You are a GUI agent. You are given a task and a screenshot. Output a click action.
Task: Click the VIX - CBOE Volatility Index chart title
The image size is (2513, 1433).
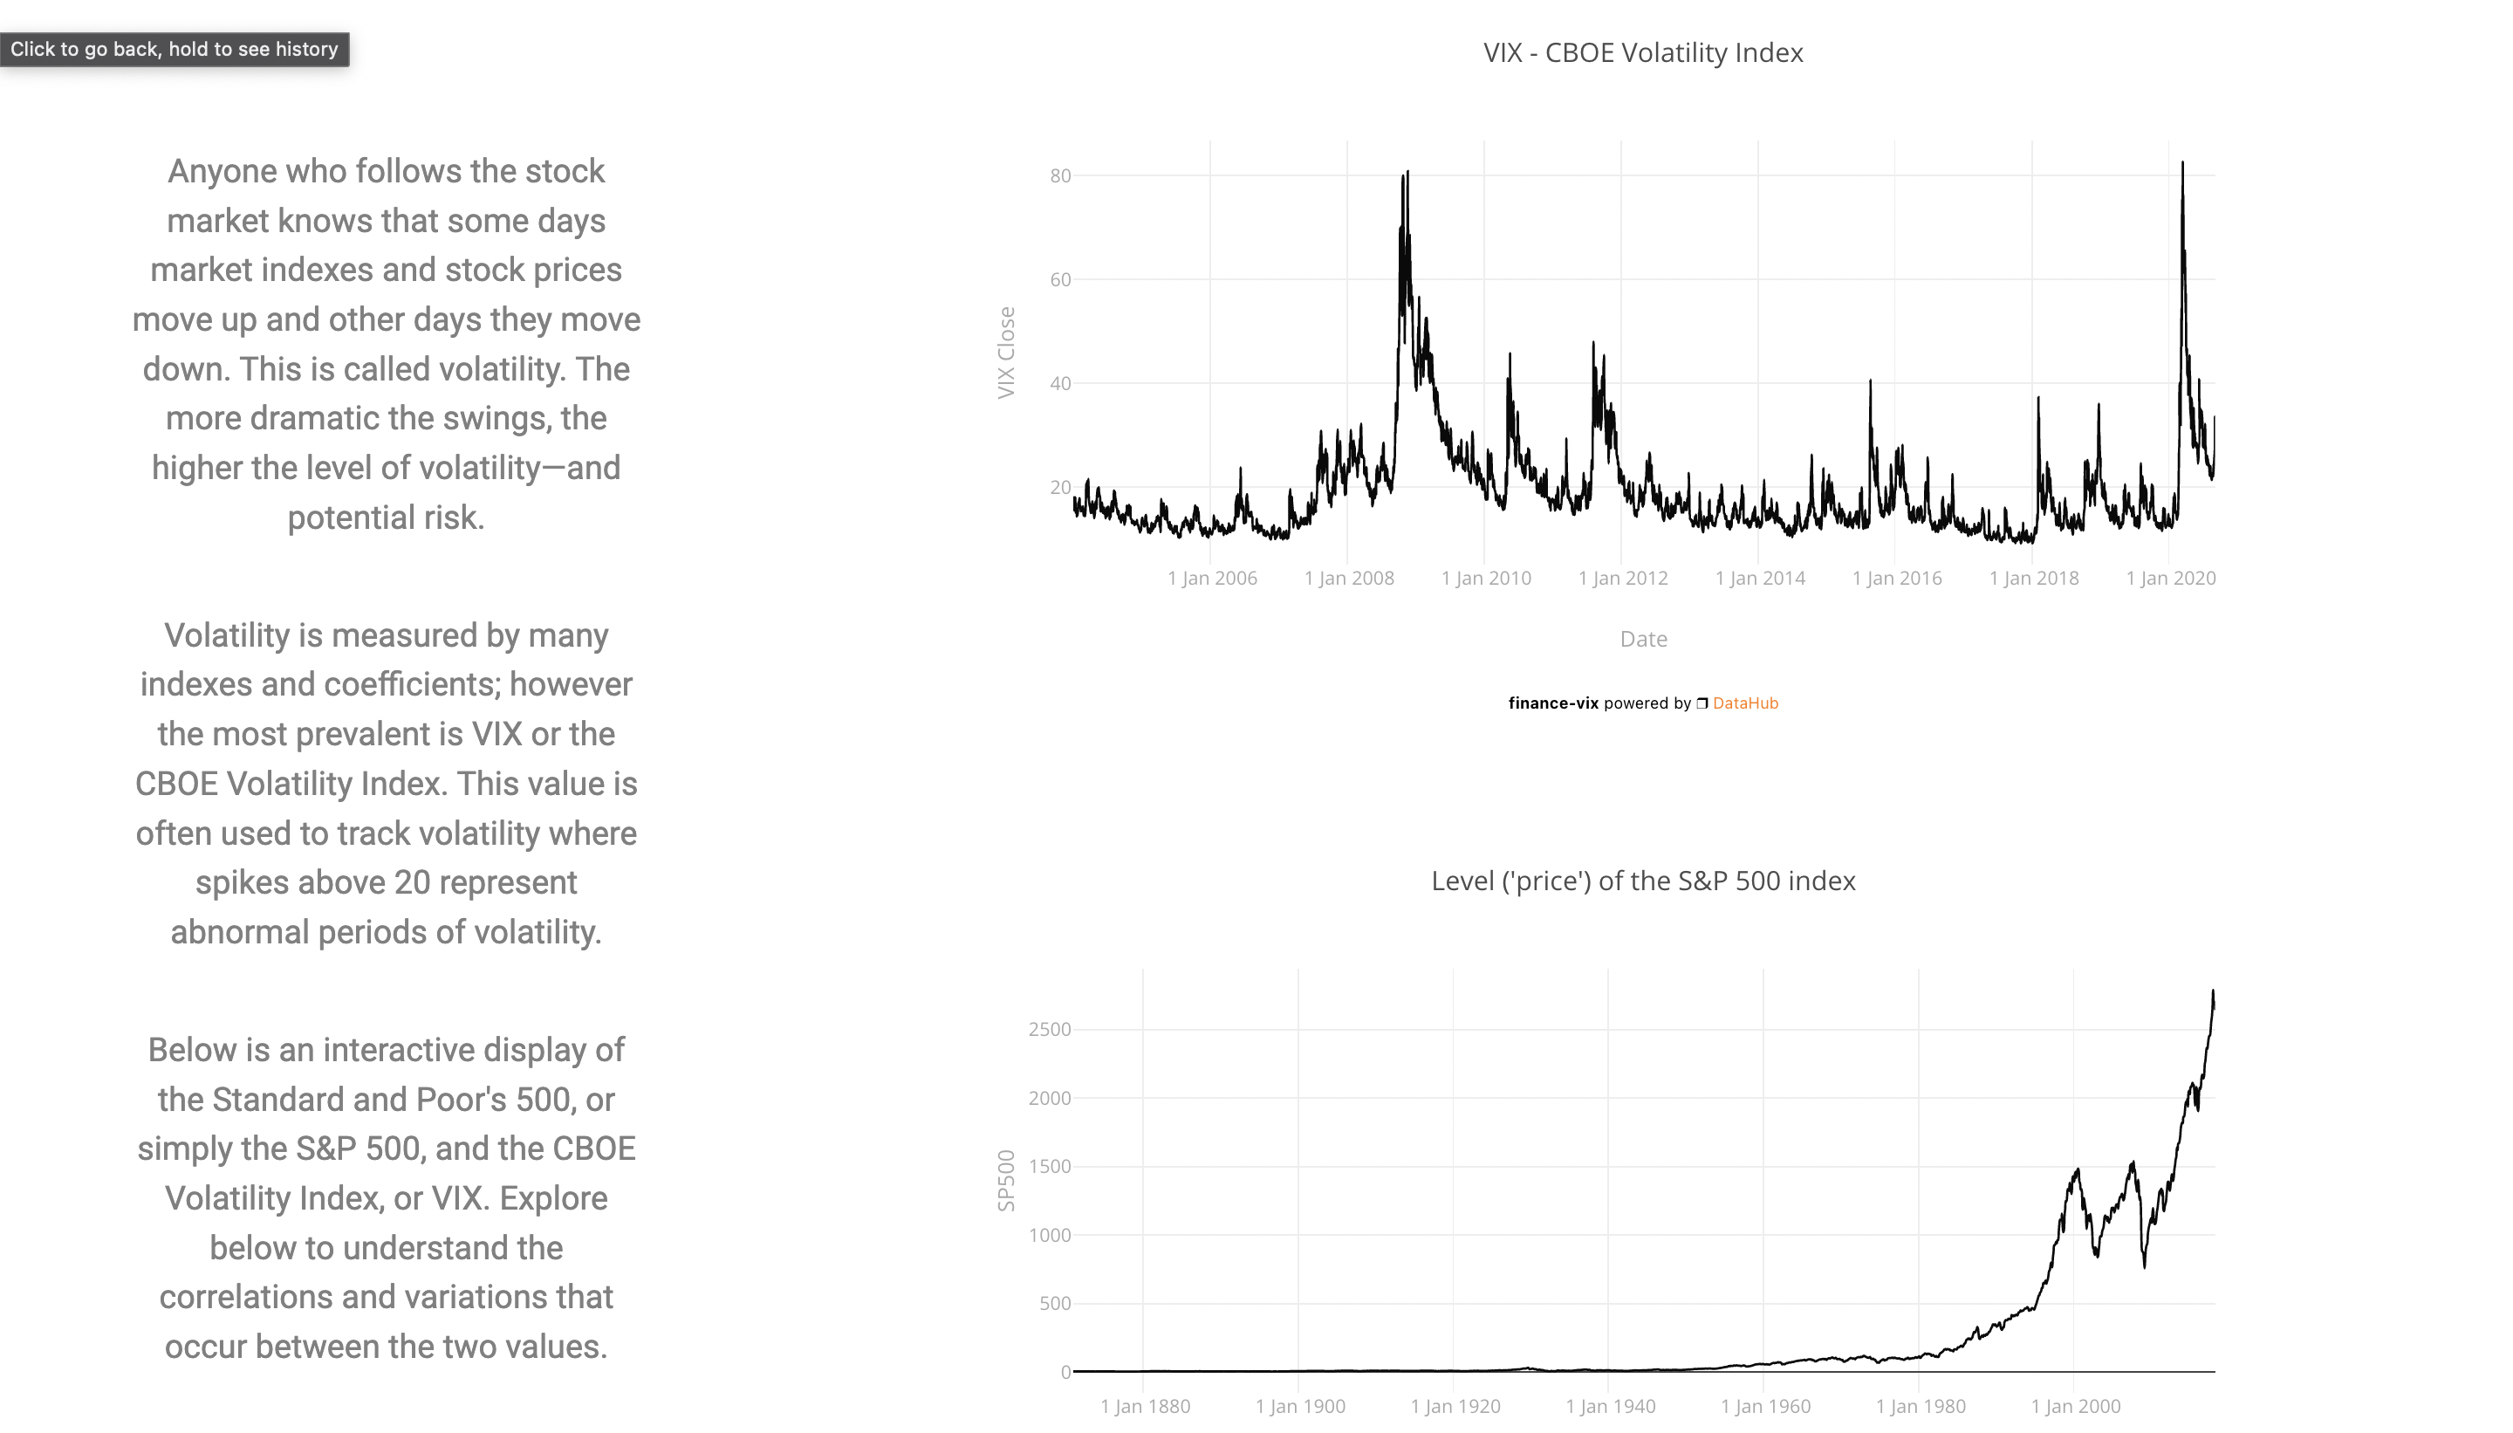tap(1642, 52)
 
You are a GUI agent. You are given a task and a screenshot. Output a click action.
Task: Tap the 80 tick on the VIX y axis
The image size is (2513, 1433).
tap(1059, 176)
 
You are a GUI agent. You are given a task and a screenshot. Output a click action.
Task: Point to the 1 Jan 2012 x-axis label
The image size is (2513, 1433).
tap(1622, 579)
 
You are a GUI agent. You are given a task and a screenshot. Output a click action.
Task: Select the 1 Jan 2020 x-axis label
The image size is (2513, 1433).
tap(2171, 579)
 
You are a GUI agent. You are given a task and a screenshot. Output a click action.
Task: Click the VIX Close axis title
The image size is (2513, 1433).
tap(1005, 353)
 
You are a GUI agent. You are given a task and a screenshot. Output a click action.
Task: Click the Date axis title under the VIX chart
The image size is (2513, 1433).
tap(1643, 639)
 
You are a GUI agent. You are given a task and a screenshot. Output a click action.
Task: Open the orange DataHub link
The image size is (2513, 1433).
tap(1744, 703)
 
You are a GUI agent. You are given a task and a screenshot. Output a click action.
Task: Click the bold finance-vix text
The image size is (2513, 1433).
tap(1552, 703)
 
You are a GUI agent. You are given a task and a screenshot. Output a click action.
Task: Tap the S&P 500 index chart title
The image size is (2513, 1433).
tap(1642, 881)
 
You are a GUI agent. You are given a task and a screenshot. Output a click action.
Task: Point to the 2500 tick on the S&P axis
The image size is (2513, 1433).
tap(1049, 1030)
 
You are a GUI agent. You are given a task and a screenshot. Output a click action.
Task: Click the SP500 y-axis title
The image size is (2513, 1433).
tap(1005, 1180)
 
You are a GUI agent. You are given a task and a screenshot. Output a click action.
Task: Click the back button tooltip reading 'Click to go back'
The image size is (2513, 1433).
tap(175, 49)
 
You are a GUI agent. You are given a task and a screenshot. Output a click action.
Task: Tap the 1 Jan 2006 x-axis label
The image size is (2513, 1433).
tap(1212, 579)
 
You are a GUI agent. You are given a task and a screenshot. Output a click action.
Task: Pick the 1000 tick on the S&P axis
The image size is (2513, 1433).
tap(1049, 1235)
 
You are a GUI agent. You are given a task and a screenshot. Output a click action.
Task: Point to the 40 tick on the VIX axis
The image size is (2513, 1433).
tap(1059, 384)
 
